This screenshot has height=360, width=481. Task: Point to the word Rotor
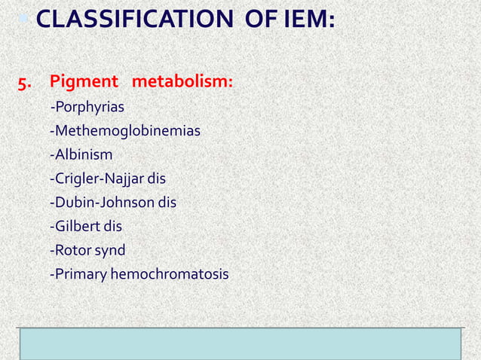pos(70,249)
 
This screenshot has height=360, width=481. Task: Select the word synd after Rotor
pos(110,250)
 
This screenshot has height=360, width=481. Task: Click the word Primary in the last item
pos(78,274)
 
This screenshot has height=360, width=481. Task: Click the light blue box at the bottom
pos(240,345)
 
